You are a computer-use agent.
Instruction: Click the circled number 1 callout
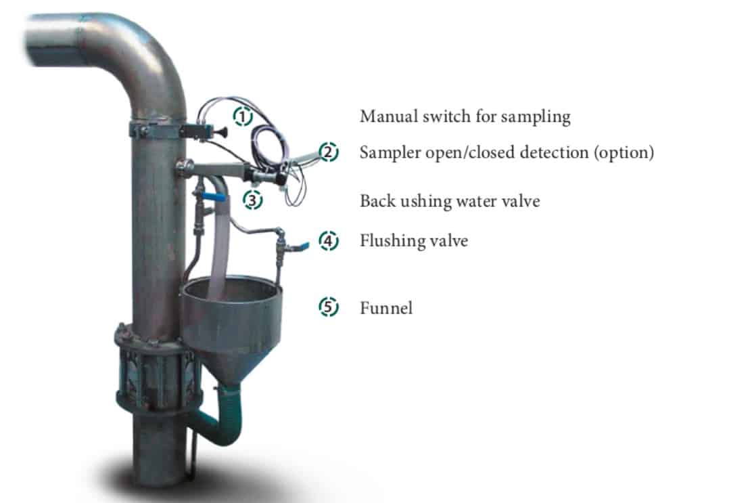[243, 116]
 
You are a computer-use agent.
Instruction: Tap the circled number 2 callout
[329, 152]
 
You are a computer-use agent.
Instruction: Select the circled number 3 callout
[252, 200]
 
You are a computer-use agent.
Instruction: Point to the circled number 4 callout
[329, 240]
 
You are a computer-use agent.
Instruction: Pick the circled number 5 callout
[329, 307]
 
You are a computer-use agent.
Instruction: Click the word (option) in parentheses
[624, 153]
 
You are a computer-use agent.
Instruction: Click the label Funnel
[386, 308]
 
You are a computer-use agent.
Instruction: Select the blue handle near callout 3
[214, 196]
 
